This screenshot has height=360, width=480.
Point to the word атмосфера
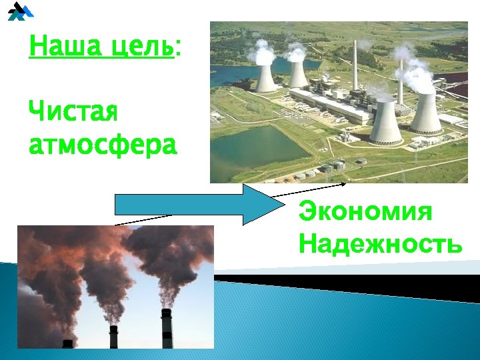click(x=103, y=143)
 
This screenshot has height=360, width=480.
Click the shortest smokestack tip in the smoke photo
click(x=67, y=343)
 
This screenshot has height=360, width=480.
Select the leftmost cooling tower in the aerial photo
click(x=266, y=78)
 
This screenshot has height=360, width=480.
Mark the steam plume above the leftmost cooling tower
click(x=263, y=50)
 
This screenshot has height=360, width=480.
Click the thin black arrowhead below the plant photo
click(x=343, y=183)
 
